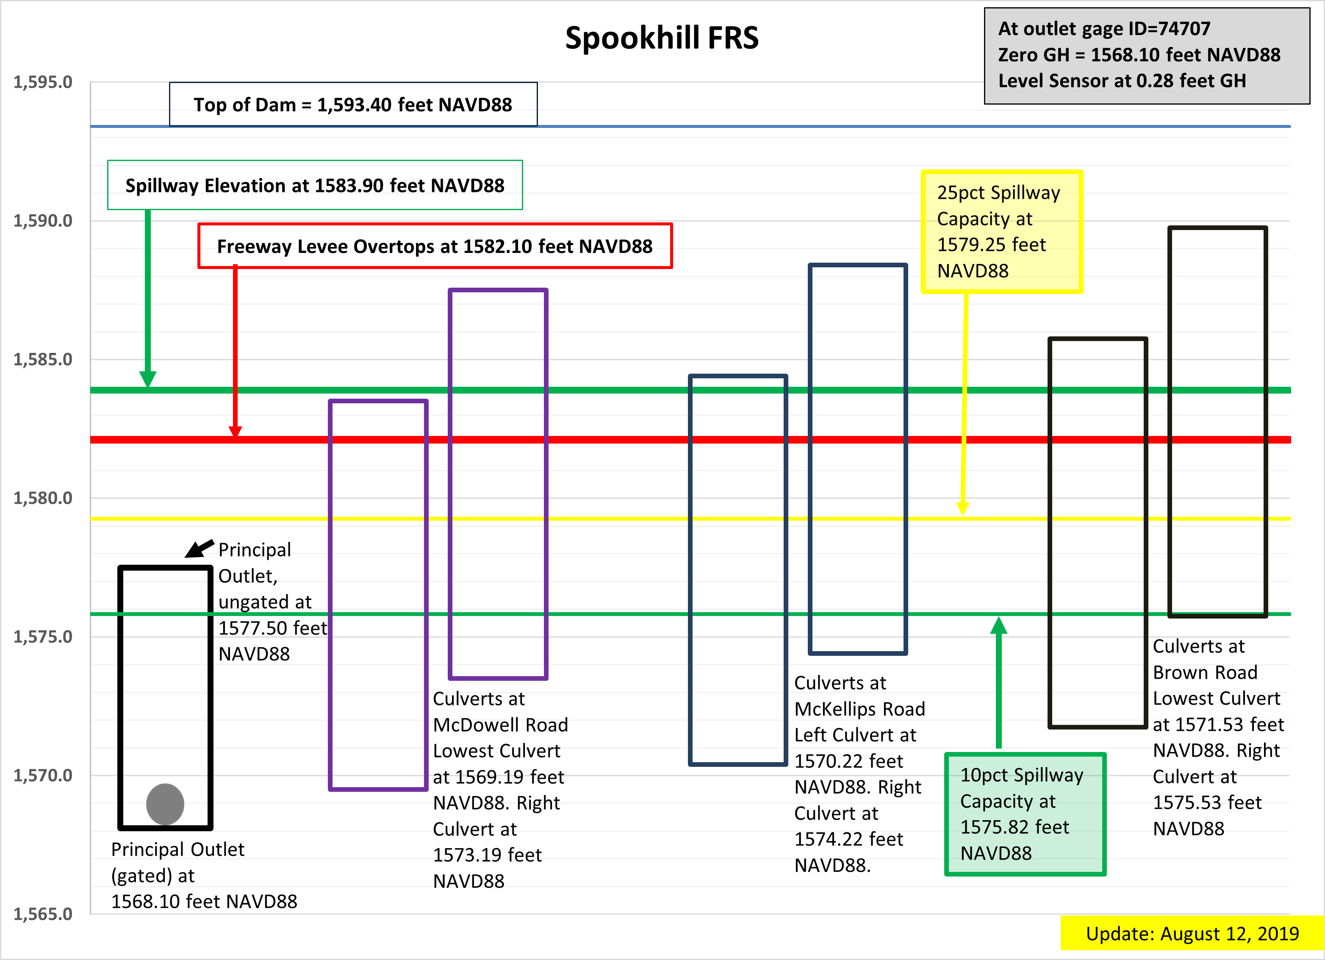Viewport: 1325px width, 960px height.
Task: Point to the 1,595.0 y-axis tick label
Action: [43, 82]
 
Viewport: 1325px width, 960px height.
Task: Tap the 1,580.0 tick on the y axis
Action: [43, 498]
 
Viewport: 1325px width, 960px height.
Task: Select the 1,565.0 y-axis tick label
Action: [43, 914]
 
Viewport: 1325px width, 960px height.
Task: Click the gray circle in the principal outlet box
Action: [165, 804]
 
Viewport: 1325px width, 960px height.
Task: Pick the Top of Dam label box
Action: [353, 105]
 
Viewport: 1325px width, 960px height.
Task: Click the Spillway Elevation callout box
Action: [315, 185]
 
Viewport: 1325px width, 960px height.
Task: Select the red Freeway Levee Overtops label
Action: [435, 246]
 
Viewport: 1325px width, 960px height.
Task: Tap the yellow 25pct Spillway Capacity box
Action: [1001, 231]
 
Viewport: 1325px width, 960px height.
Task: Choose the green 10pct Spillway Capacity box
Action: [1025, 814]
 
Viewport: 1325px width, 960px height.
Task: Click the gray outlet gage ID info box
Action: [1146, 55]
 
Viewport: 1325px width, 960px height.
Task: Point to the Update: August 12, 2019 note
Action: [1192, 934]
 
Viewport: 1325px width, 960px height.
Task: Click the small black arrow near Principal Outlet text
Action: [199, 549]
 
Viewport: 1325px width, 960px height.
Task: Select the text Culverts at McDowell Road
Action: [500, 712]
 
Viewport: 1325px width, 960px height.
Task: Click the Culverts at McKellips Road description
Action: [859, 696]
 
